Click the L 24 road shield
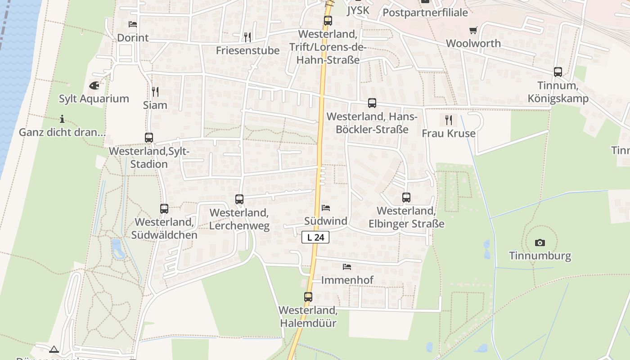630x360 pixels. pos(315,237)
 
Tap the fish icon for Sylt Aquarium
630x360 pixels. pos(94,85)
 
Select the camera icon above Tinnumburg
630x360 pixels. pos(540,243)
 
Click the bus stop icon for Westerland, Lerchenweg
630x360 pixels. pos(239,199)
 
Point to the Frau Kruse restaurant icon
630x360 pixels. pos(448,120)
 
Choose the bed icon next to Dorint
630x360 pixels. pos(132,24)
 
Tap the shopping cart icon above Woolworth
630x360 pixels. pos(473,30)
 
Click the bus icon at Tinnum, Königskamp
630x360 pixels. pos(558,72)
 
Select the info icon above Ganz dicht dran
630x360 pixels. pos(62,119)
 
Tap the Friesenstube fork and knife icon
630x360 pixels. pos(247,37)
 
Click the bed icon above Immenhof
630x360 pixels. pos(347,266)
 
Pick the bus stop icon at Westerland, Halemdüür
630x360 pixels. pos(308,297)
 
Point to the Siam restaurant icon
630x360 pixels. pos(155,92)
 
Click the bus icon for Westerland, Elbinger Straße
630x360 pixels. pos(406,197)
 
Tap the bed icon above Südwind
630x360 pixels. pos(326,207)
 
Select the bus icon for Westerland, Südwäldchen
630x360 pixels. pos(164,208)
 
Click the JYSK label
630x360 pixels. pos(358,11)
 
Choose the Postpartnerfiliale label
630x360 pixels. pos(425,13)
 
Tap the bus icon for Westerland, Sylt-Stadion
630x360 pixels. pos(149,138)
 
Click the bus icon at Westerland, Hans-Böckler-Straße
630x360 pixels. pos(372,103)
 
